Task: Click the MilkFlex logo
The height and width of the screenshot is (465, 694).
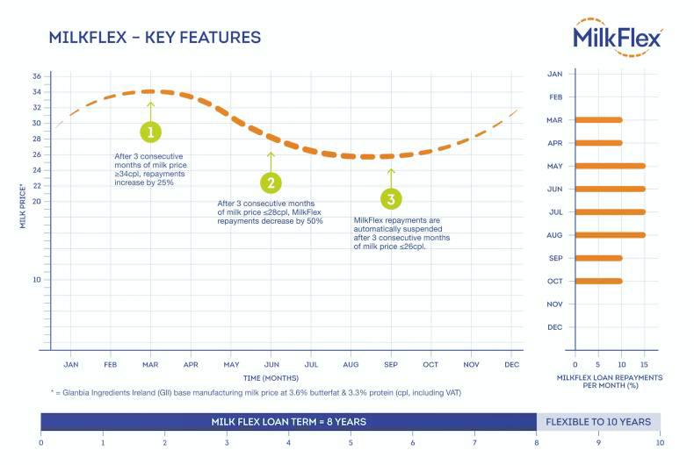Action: pyautogui.click(x=618, y=36)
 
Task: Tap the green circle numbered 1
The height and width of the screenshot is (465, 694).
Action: pyautogui.click(x=151, y=132)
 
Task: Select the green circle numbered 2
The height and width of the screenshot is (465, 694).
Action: pyautogui.click(x=271, y=182)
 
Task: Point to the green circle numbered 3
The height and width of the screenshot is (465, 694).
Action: pyautogui.click(x=391, y=197)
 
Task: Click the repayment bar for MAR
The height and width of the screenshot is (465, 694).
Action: pyautogui.click(x=598, y=120)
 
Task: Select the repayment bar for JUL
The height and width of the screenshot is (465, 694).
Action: pyautogui.click(x=610, y=212)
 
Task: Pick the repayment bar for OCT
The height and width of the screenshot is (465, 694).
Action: pyautogui.click(x=598, y=282)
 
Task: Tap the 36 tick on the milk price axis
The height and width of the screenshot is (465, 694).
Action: pyautogui.click(x=36, y=76)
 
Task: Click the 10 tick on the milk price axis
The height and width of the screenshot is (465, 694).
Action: pyautogui.click(x=36, y=280)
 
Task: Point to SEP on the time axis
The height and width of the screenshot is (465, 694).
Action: pyautogui.click(x=391, y=364)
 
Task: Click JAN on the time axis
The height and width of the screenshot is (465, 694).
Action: pyautogui.click(x=71, y=364)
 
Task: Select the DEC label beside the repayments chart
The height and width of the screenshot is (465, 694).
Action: pyautogui.click(x=554, y=327)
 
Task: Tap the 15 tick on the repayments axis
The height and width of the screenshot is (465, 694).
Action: pyautogui.click(x=645, y=364)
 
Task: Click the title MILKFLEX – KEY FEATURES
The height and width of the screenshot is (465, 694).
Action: pyautogui.click(x=155, y=38)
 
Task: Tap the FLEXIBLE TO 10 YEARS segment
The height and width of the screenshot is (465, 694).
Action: pyautogui.click(x=598, y=422)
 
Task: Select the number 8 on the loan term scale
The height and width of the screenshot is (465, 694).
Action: pyautogui.click(x=537, y=442)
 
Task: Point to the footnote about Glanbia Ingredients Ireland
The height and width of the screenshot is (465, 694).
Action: pyautogui.click(x=255, y=392)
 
